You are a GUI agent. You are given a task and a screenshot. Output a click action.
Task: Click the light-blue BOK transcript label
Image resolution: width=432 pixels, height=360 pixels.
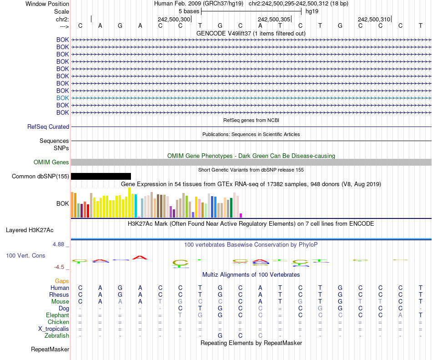pyautogui.click(x=62, y=98)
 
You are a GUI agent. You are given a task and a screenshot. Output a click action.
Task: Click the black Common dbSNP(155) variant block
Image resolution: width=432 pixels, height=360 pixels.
pyautogui.click(x=100, y=176)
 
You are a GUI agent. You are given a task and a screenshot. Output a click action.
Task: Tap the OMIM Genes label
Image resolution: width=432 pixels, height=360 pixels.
pyautogui.click(x=51, y=162)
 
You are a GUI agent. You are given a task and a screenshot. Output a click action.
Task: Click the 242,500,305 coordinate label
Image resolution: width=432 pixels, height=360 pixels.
pyautogui.click(x=274, y=19)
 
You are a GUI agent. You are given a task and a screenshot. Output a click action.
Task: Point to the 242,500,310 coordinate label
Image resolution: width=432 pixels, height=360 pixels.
pyautogui.click(x=374, y=19)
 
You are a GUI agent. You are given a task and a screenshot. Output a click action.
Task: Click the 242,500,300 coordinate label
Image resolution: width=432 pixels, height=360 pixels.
pyautogui.click(x=174, y=19)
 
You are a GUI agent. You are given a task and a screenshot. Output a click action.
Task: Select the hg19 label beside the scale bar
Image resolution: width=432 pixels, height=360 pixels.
pyautogui.click(x=311, y=11)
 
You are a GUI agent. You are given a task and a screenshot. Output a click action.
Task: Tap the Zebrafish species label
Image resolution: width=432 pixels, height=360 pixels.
pyautogui.click(x=57, y=336)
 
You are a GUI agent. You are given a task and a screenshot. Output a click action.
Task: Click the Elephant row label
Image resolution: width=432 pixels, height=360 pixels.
pyautogui.click(x=57, y=315)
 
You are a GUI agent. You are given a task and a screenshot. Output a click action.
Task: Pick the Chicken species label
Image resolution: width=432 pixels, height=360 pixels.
pyautogui.click(x=58, y=322)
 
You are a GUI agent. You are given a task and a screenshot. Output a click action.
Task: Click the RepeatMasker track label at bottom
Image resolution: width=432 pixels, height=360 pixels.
pyautogui.click(x=50, y=350)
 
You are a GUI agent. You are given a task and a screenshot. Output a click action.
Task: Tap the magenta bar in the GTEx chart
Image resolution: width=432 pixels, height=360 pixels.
pyautogui.click(x=241, y=215)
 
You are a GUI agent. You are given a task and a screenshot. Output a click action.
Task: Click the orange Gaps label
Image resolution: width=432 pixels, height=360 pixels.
pyautogui.click(x=62, y=281)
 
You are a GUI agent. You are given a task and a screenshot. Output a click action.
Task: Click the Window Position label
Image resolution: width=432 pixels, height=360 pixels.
pyautogui.click(x=47, y=4)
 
